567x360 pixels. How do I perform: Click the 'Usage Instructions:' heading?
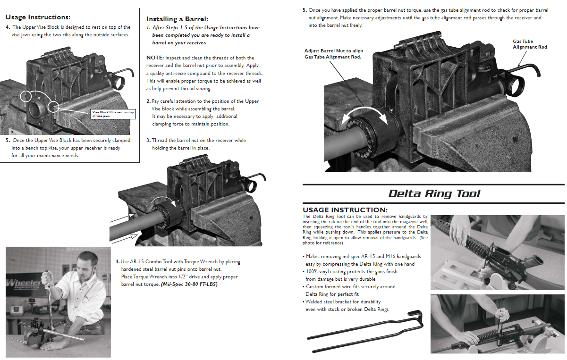(38, 17)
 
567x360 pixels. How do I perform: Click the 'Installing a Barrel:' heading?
(177, 19)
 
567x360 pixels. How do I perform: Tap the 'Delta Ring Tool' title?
(434, 193)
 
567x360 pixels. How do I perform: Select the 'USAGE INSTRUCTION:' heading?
(345, 210)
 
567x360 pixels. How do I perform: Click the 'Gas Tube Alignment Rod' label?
(530, 44)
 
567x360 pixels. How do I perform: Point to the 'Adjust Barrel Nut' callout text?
(333, 54)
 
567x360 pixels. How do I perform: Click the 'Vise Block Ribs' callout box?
(113, 114)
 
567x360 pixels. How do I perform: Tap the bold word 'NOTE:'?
(155, 58)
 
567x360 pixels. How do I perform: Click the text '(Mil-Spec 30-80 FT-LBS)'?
(189, 285)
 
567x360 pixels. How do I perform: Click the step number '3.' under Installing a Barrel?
(148, 141)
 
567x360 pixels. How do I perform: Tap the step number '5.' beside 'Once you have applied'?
(305, 10)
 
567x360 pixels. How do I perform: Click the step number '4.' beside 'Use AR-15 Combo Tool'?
(118, 262)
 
